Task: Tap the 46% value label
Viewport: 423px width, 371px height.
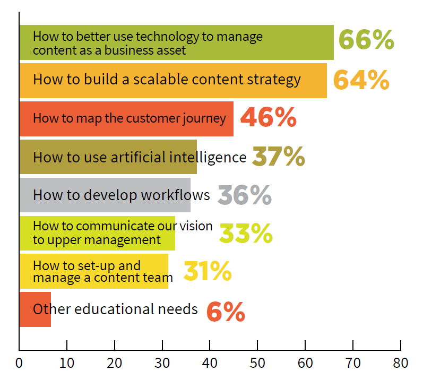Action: pyautogui.click(x=268, y=118)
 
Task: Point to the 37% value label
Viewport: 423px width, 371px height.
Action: pyautogui.click(x=278, y=157)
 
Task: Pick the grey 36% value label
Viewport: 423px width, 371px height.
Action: pyautogui.click(x=244, y=195)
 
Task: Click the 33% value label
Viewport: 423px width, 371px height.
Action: pyautogui.click(x=246, y=233)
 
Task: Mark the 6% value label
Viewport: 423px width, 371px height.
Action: pyautogui.click(x=225, y=311)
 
